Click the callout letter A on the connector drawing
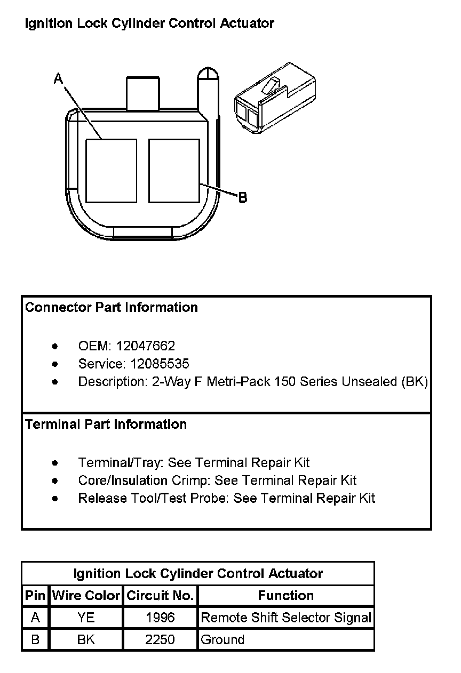[59, 79]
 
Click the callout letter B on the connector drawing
[242, 198]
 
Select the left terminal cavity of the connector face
[111, 171]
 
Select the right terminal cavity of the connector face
[174, 171]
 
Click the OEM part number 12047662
[146, 346]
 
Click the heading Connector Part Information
[112, 308]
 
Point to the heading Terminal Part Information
[106, 424]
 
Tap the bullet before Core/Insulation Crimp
[55, 481]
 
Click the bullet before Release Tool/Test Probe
[55, 499]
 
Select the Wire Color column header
[86, 596]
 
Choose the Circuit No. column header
[160, 596]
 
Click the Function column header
[285, 596]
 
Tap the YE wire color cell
[86, 618]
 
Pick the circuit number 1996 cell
[160, 618]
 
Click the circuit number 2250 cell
[160, 639]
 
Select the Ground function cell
[222, 639]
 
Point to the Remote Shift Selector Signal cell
[285, 618]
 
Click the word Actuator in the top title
[247, 23]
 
